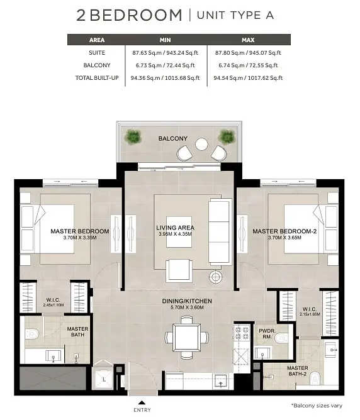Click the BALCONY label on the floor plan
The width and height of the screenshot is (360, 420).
(x=172, y=138)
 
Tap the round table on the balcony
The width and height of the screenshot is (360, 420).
(x=201, y=144)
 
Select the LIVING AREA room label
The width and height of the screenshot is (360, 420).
(x=176, y=228)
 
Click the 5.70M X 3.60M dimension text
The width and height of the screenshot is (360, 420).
(x=187, y=307)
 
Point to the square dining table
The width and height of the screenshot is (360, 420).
(x=186, y=337)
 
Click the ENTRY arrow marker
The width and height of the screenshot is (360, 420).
(x=142, y=402)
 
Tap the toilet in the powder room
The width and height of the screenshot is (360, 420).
(x=281, y=338)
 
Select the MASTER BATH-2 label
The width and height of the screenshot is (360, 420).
(x=298, y=371)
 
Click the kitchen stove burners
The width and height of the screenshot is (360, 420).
(x=242, y=333)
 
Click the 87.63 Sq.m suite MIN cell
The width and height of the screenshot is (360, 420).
(x=165, y=53)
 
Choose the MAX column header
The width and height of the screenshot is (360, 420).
(x=248, y=40)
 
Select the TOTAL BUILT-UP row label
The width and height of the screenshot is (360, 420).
(x=97, y=78)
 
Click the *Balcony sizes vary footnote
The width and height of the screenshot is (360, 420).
(x=317, y=406)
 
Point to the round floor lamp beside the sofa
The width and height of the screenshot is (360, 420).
(x=215, y=277)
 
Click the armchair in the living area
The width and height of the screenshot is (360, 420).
(x=179, y=270)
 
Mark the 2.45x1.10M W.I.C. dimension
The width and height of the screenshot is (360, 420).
(x=53, y=305)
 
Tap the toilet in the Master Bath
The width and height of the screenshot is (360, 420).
(x=32, y=334)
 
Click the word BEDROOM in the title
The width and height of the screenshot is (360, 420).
(x=136, y=15)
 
